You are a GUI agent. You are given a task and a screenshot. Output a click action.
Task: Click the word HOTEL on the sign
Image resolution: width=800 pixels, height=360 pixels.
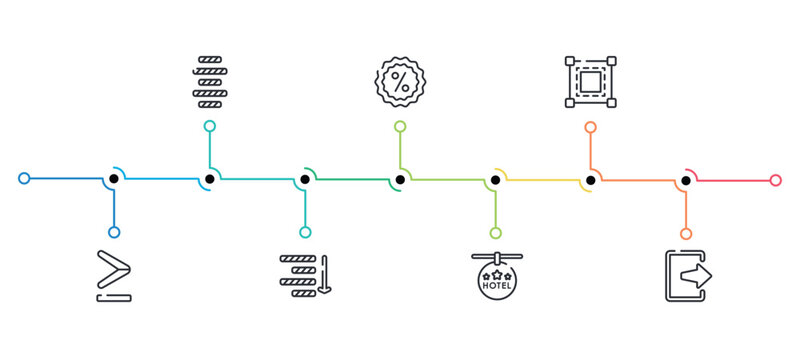pos(496,286)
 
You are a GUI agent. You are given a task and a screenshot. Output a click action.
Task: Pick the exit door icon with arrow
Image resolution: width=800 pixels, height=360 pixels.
pos(688,275)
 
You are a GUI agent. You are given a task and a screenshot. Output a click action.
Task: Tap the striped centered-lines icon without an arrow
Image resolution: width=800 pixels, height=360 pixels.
pos(210,82)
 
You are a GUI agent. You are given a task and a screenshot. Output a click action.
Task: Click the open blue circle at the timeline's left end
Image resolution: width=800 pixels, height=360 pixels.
pos(24,179)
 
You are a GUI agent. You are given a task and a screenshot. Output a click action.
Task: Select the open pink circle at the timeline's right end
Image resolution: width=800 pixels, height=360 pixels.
pos(776,180)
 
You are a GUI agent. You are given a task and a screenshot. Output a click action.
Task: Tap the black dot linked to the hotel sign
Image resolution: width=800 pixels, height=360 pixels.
pos(495,180)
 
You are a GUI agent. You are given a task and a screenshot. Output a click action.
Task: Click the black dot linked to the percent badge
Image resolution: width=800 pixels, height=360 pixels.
pos(400,180)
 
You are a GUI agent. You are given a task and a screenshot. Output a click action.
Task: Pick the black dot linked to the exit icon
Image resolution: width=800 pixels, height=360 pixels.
pos(686,180)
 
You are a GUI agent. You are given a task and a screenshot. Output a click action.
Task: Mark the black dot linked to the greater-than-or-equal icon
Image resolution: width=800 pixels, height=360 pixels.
pos(114,179)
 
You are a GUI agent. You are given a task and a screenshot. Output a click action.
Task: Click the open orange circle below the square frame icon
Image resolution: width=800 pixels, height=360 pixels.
pos(590,127)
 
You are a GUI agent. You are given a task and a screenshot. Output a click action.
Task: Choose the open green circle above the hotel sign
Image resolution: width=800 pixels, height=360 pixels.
pos(495,233)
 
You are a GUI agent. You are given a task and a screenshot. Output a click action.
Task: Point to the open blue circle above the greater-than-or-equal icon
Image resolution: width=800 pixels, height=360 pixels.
pos(114,232)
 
